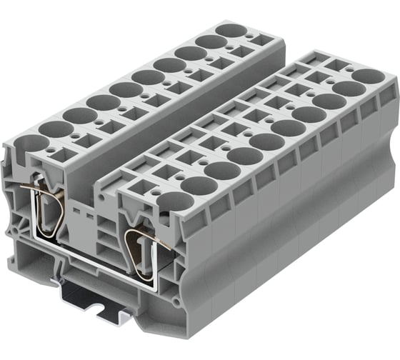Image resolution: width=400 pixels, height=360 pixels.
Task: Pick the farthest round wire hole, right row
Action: click(367, 75)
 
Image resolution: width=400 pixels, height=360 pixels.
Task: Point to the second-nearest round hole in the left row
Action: click(53, 129)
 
